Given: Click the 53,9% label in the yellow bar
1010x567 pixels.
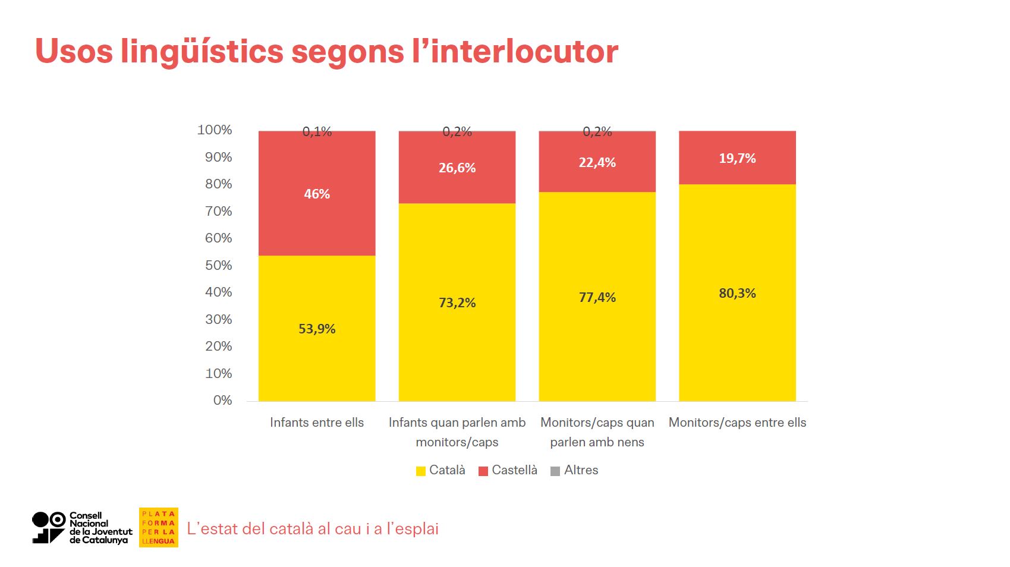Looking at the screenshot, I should [317, 329].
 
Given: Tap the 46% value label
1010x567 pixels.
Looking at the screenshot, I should [317, 194].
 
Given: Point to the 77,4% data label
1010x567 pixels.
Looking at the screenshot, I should [597, 297].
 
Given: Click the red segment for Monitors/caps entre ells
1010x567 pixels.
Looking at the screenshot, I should [737, 158].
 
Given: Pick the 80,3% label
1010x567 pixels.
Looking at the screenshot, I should [737, 293].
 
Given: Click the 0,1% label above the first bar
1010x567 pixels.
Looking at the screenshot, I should [317, 131].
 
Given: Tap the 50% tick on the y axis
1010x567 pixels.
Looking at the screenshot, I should [218, 265].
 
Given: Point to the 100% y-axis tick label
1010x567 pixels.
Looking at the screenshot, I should [215, 130].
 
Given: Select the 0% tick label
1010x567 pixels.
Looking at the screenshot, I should [222, 400].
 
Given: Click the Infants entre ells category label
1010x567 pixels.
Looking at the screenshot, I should [317, 423].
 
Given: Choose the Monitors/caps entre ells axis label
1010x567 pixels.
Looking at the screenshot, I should [737, 423].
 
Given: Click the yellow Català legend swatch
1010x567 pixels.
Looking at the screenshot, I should [421, 471].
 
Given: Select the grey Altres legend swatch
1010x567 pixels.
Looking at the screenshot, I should [555, 471].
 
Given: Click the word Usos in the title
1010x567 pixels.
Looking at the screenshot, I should [74, 51].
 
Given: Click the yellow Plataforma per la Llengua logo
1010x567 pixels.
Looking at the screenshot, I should [158, 527].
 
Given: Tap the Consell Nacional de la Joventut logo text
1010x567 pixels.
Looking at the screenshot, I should [100, 528].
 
